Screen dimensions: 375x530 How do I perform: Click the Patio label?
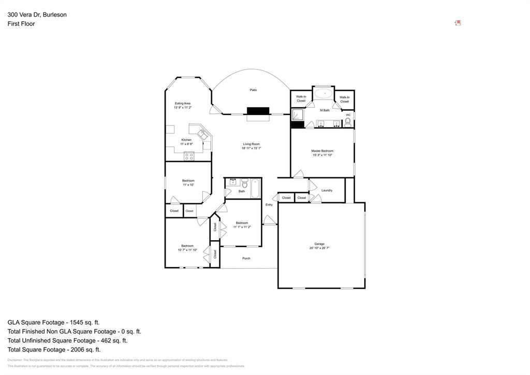tap(253, 90)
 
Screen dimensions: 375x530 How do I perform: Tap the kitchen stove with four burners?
tap(189, 155)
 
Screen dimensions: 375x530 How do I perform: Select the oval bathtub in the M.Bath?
tap(325, 94)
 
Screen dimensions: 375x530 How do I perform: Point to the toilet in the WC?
tap(348, 122)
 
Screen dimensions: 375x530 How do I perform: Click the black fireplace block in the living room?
tap(258, 110)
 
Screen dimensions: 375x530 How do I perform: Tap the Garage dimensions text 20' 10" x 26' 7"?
tap(319, 248)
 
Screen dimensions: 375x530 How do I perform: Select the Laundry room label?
tap(327, 190)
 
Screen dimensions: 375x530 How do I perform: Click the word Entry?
tap(269, 205)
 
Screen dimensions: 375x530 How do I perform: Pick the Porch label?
tap(246, 258)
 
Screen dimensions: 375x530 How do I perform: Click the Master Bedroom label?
tap(322, 151)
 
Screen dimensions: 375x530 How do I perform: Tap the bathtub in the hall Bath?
tap(256, 188)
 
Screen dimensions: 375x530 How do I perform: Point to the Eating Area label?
tap(182, 103)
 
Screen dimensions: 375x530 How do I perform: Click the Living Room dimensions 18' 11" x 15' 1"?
tap(251, 148)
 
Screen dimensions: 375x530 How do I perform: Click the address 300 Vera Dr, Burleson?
tap(37, 15)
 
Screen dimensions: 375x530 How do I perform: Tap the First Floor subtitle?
tap(21, 24)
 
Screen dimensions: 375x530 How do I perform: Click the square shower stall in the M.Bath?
tap(298, 115)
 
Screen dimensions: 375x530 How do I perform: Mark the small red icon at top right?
tap(458, 23)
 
